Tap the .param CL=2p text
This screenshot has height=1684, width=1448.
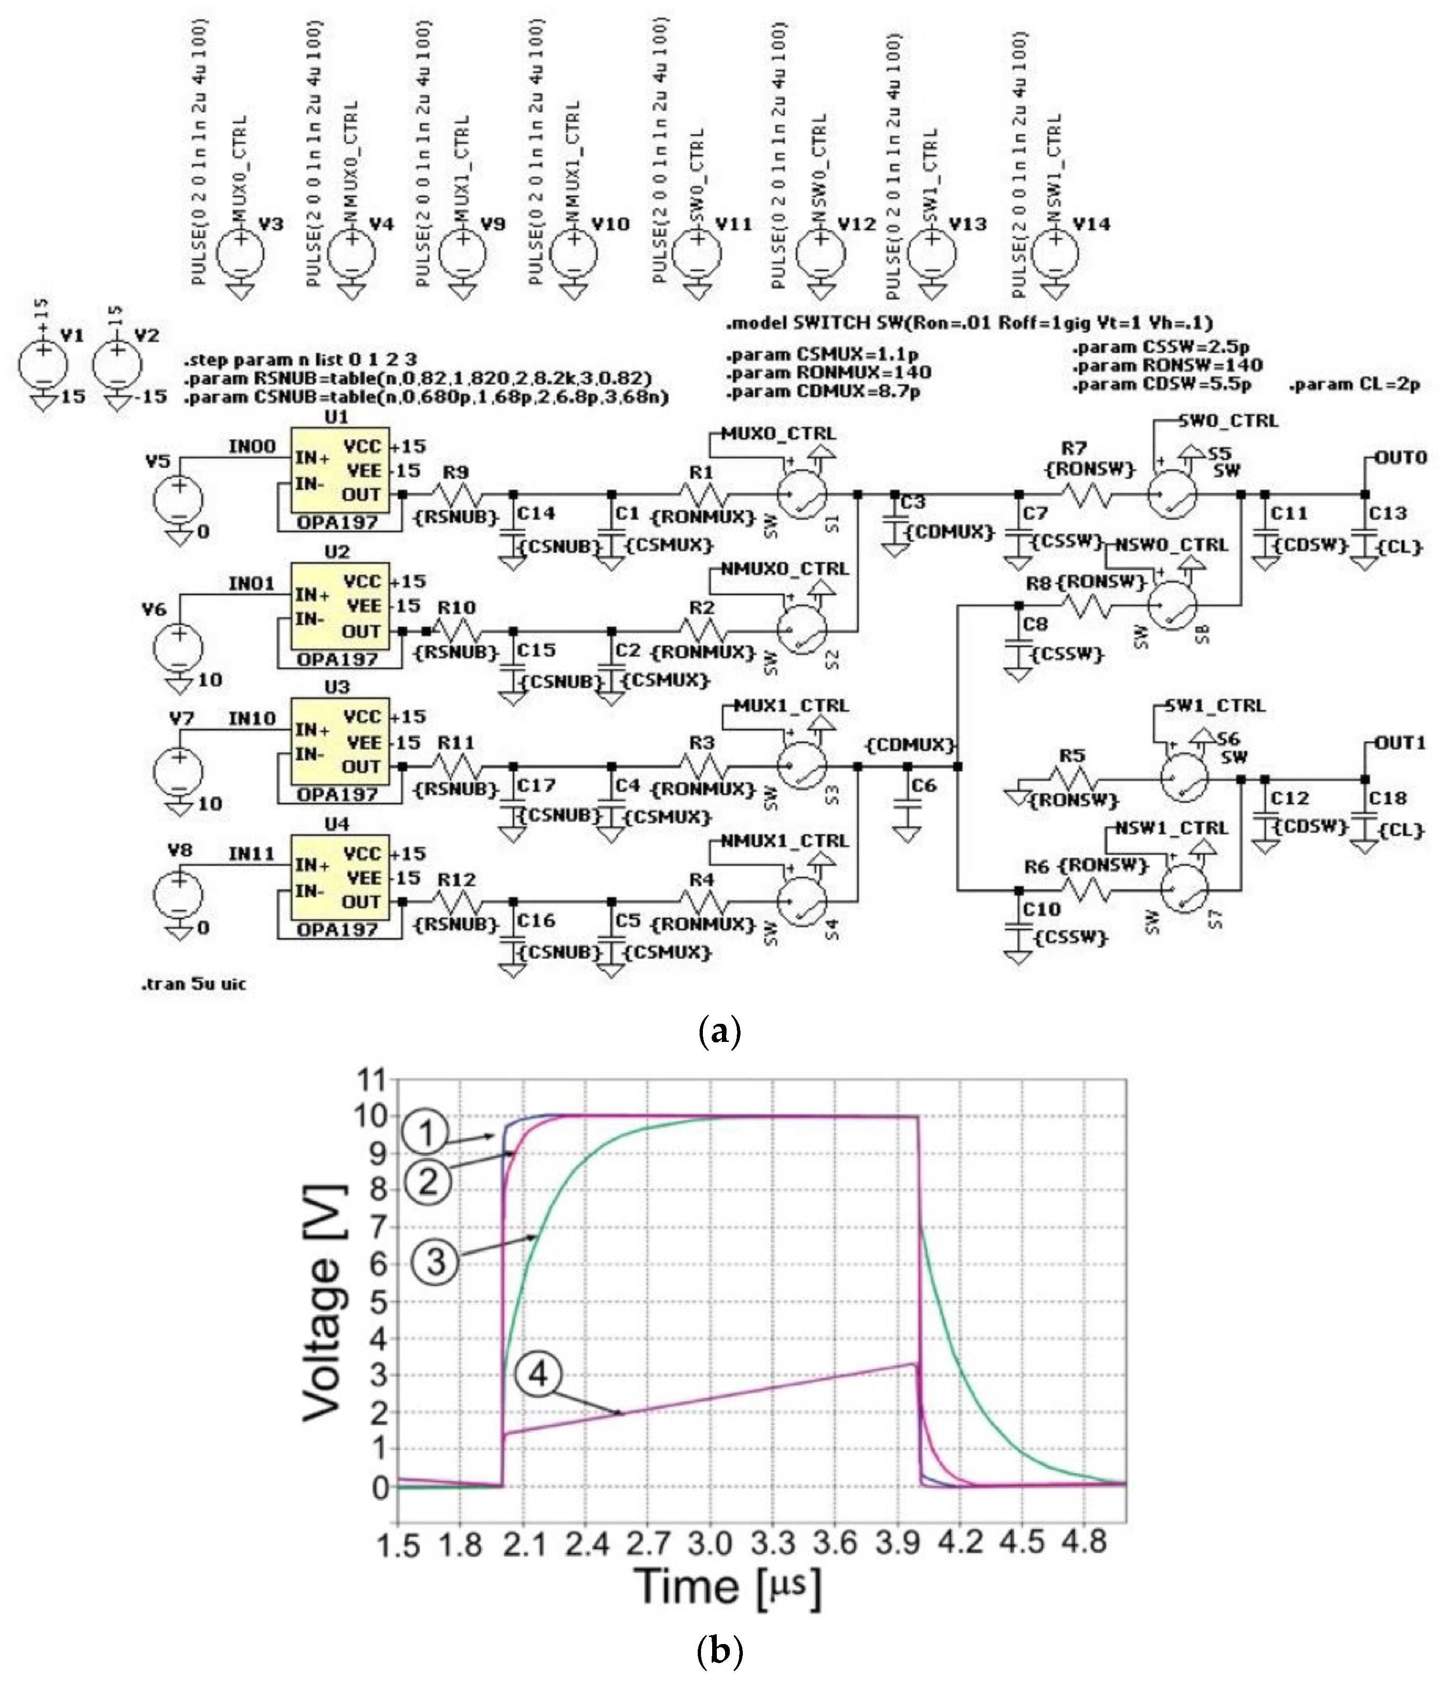1355,385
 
